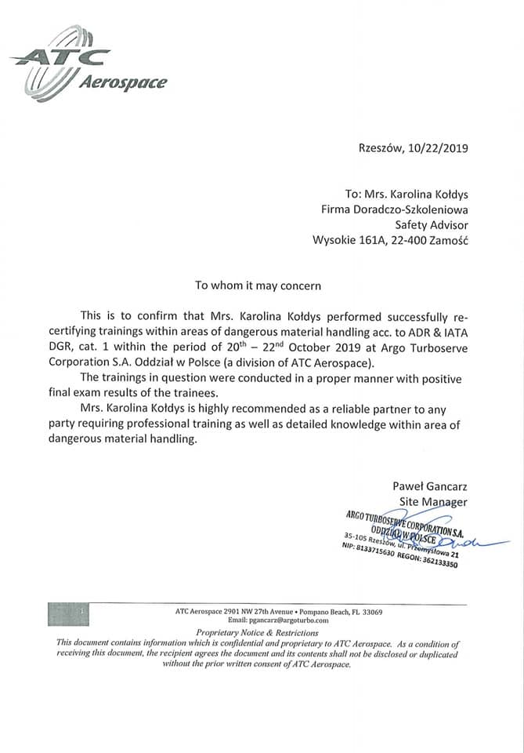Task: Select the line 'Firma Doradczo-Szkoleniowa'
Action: point(395,209)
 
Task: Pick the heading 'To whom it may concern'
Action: point(258,286)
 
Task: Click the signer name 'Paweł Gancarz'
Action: point(430,486)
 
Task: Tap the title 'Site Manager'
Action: point(433,501)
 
